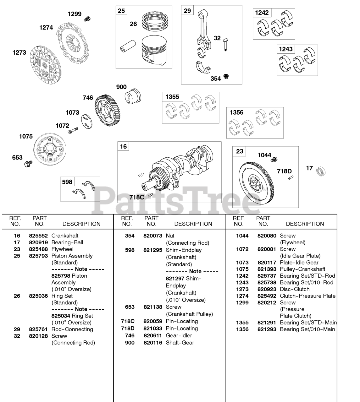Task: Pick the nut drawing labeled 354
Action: click(225, 76)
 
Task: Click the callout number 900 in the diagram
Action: click(121, 87)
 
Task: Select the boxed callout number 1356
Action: click(236, 112)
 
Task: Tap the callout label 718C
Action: click(137, 197)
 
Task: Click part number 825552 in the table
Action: click(38, 236)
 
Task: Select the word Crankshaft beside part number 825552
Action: click(65, 236)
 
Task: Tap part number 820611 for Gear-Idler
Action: click(153, 335)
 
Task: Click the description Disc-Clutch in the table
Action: click(295, 289)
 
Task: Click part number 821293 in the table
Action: click(267, 329)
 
